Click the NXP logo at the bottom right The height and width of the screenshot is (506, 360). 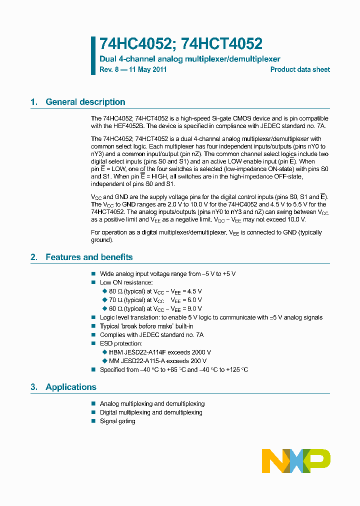[x=296, y=460]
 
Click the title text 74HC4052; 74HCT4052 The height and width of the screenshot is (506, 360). [x=181, y=44]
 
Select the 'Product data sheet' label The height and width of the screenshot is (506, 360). [x=300, y=69]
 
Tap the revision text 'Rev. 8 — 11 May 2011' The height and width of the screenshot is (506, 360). [x=133, y=69]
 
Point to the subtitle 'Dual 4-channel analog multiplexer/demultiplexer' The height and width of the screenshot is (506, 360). [x=190, y=59]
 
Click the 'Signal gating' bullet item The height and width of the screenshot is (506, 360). [x=117, y=421]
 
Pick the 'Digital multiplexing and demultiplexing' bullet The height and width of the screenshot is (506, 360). [x=151, y=412]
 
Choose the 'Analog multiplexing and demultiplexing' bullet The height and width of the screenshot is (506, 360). [x=152, y=403]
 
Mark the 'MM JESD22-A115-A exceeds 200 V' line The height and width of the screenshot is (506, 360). [x=157, y=360]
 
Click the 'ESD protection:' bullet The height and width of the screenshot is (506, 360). [x=121, y=343]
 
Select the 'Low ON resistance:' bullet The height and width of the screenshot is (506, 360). [x=126, y=282]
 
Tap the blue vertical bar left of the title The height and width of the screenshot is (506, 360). [x=93, y=55]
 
